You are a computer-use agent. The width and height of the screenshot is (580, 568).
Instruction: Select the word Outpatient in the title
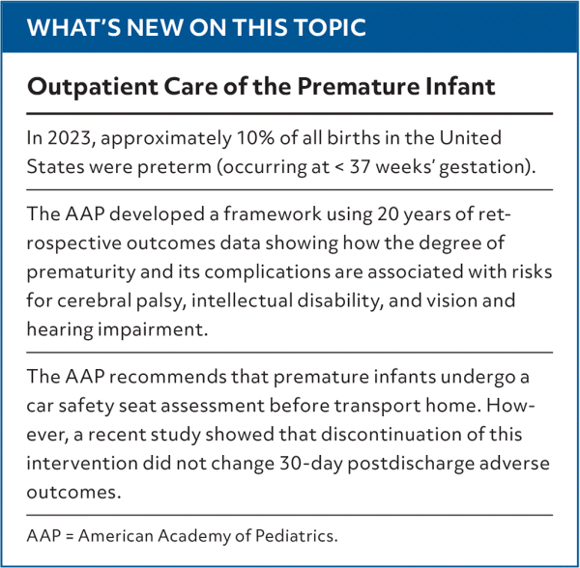click(x=93, y=87)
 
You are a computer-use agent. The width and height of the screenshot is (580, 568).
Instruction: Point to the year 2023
click(x=70, y=138)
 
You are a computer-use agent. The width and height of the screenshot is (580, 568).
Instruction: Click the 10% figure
click(x=255, y=138)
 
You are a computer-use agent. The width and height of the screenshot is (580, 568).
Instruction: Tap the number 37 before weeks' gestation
click(x=360, y=167)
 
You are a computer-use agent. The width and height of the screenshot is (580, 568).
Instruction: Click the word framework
click(x=273, y=214)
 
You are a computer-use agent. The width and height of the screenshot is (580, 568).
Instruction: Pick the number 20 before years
click(x=388, y=214)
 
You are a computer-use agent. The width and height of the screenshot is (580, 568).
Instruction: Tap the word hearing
click(x=60, y=330)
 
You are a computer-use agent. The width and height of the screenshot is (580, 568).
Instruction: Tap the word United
click(x=470, y=138)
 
